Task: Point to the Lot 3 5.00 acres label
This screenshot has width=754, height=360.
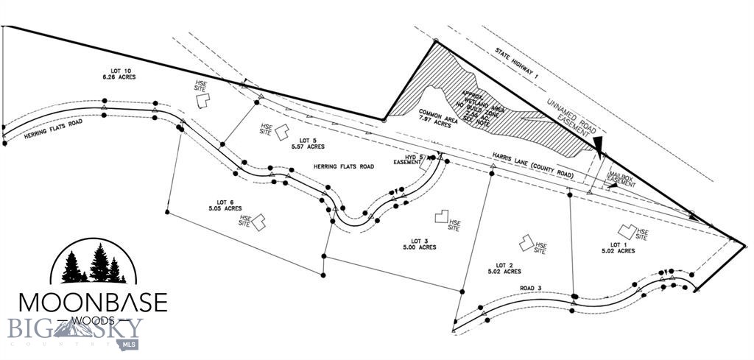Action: (x=419, y=244)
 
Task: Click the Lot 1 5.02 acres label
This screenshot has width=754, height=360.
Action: (x=617, y=247)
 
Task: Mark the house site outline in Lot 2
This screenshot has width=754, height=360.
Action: (x=525, y=242)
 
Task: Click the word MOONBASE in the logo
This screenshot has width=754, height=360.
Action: (x=93, y=302)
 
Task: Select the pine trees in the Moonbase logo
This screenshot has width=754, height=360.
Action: (x=94, y=266)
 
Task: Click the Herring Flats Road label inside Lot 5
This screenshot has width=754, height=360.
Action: (x=343, y=167)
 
